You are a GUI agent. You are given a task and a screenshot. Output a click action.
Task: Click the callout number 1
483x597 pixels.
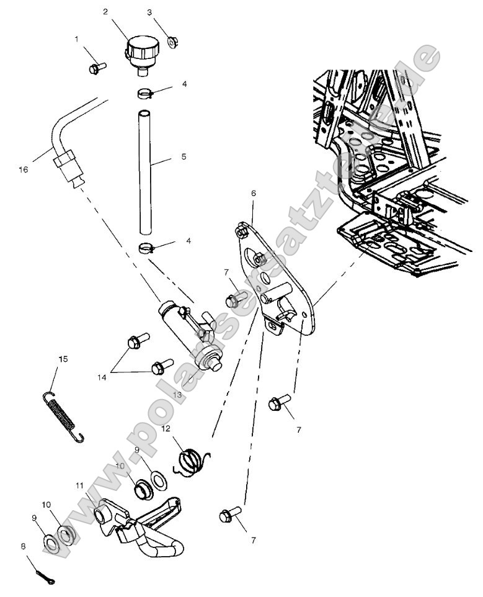[77, 39]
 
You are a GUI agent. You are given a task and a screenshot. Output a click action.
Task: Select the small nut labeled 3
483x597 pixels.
[173, 42]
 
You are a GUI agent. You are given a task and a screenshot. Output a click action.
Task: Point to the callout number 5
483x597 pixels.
[184, 157]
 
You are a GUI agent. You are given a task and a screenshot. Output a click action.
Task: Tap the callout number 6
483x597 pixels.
[253, 193]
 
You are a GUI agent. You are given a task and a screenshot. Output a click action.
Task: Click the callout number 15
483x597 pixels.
[63, 359]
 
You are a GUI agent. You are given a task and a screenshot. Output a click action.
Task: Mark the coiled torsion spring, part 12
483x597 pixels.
[192, 462]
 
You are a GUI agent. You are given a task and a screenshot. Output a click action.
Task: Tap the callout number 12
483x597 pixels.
[166, 429]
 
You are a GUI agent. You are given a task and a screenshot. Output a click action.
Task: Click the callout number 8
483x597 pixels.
[24, 547]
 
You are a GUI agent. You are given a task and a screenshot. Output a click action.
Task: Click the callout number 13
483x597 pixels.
[177, 395]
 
